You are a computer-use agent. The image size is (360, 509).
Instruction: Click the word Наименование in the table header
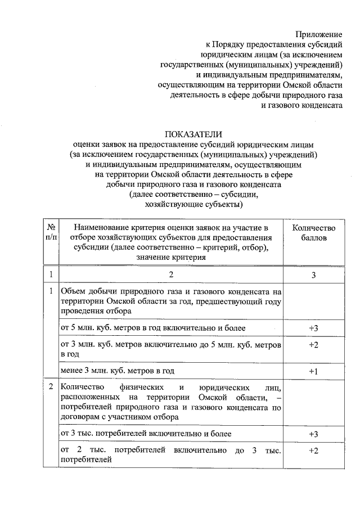click(105, 227)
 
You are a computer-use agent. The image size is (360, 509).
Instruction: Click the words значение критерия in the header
click(171, 257)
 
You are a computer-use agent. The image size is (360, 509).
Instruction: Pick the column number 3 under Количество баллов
click(313, 274)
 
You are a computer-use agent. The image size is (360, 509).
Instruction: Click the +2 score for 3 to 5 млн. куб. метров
click(313, 344)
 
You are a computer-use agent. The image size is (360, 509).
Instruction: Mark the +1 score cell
click(313, 371)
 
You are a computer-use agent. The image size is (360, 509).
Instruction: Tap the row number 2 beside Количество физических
click(51, 388)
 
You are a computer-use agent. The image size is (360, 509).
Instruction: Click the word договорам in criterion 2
click(84, 417)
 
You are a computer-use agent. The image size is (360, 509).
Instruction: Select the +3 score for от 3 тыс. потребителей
click(313, 434)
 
